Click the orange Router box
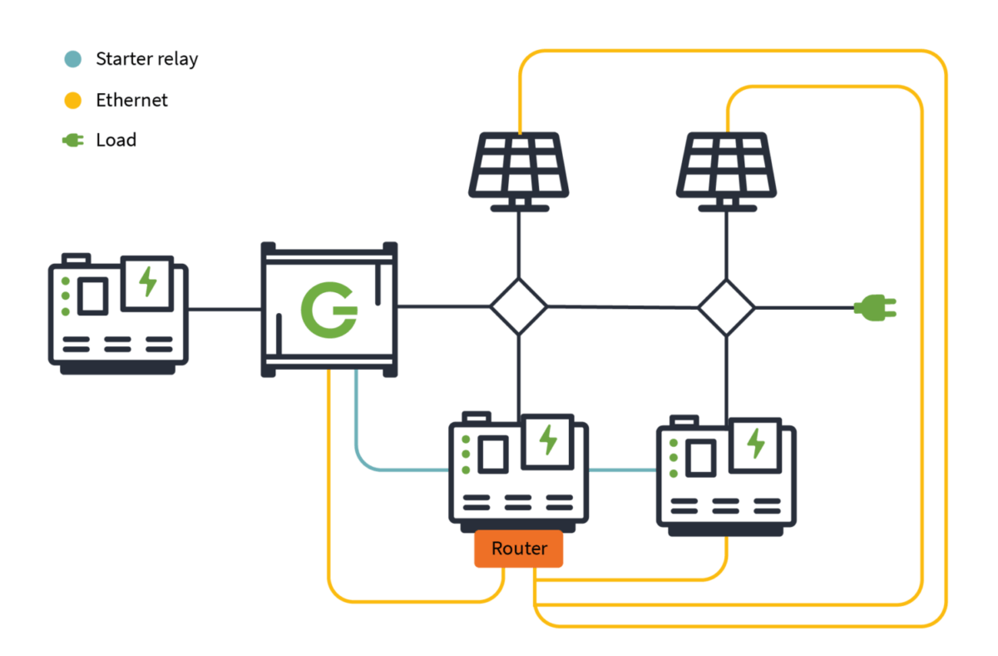[518, 549]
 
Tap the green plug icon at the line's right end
[876, 308]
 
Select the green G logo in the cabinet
[328, 308]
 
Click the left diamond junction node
[518, 306]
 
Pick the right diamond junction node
[726, 307]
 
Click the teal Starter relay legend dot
[73, 59]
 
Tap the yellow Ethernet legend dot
[73, 101]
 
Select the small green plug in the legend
[73, 141]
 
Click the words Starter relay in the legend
[146, 59]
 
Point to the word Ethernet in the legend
[131, 101]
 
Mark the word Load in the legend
[116, 141]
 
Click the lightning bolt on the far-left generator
[148, 282]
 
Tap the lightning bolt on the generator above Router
[548, 440]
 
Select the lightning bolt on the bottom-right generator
[756, 443]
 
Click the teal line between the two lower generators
[622, 470]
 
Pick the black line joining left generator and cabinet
[225, 309]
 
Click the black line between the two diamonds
[622, 306]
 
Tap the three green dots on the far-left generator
[65, 296]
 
